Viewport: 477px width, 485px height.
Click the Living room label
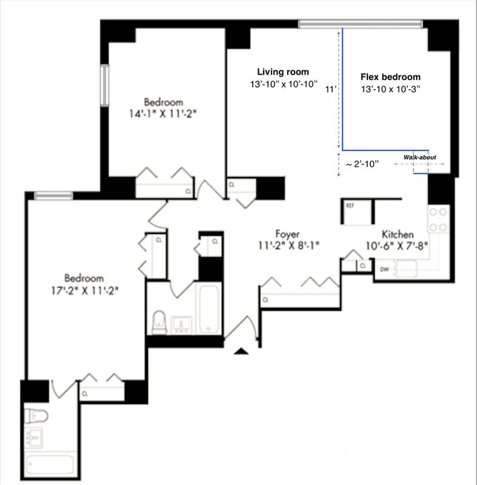[x=283, y=72]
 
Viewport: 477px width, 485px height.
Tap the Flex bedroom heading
[x=390, y=77]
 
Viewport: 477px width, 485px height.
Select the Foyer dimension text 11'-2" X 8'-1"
[x=289, y=246]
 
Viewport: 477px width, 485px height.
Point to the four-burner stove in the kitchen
[x=438, y=219]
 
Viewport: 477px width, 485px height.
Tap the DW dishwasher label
[x=384, y=269]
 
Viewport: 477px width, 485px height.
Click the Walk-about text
[x=419, y=157]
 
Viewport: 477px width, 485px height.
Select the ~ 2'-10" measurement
[x=362, y=164]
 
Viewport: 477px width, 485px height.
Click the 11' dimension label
[x=331, y=89]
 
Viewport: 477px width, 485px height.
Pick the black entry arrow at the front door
[x=241, y=351]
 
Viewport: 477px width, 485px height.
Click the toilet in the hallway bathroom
[x=159, y=323]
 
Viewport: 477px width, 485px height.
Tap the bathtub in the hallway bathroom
[x=209, y=309]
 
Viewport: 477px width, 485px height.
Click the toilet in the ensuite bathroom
[x=36, y=416]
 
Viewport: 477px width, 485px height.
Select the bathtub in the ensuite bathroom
[x=50, y=464]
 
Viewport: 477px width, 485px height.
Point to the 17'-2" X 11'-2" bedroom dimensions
[x=85, y=291]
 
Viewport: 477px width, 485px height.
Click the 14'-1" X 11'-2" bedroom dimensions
[x=163, y=114]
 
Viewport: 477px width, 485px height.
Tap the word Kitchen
[x=398, y=234]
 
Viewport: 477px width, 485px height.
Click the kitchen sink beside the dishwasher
[x=406, y=269]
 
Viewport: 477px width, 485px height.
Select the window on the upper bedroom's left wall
[x=104, y=85]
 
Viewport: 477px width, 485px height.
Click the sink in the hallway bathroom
[x=181, y=325]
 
